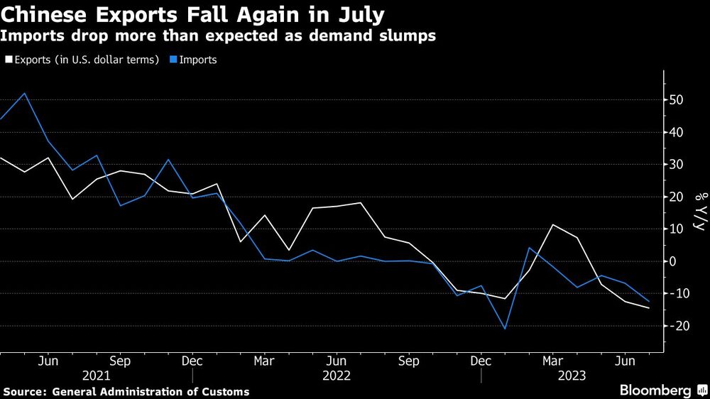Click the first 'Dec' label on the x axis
coord(192,360)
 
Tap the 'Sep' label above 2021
coord(119,360)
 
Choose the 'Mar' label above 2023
coord(553,360)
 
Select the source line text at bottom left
coord(126,391)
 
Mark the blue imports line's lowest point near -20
coord(505,329)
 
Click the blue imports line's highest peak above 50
coord(26,93)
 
